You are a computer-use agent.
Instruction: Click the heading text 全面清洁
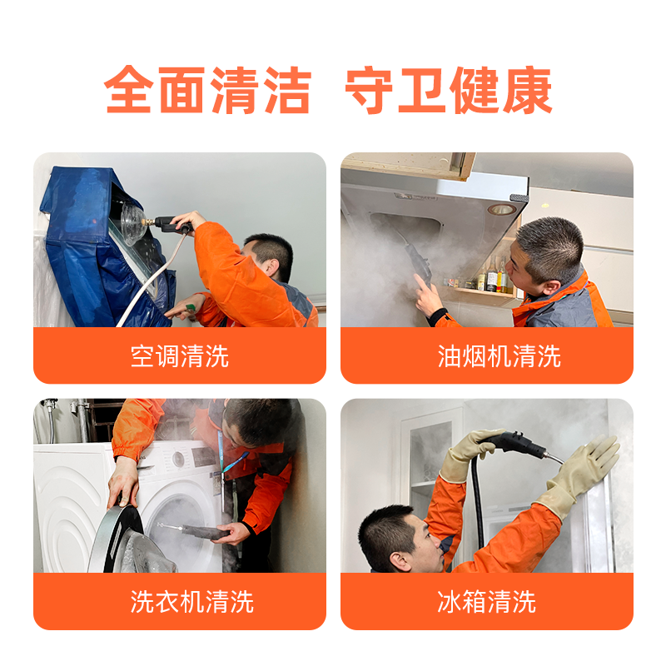[x=207, y=90]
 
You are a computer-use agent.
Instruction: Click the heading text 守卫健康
[x=449, y=90]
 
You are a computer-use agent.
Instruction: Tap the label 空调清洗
[x=180, y=356]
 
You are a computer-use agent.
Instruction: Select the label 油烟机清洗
[x=499, y=356]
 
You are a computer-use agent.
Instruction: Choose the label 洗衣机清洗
[x=192, y=601]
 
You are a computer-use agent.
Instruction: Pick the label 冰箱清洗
[x=487, y=601]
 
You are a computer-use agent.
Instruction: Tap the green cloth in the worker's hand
[x=190, y=306]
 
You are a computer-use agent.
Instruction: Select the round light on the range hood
[x=501, y=209]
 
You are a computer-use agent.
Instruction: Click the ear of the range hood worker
[x=551, y=287]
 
